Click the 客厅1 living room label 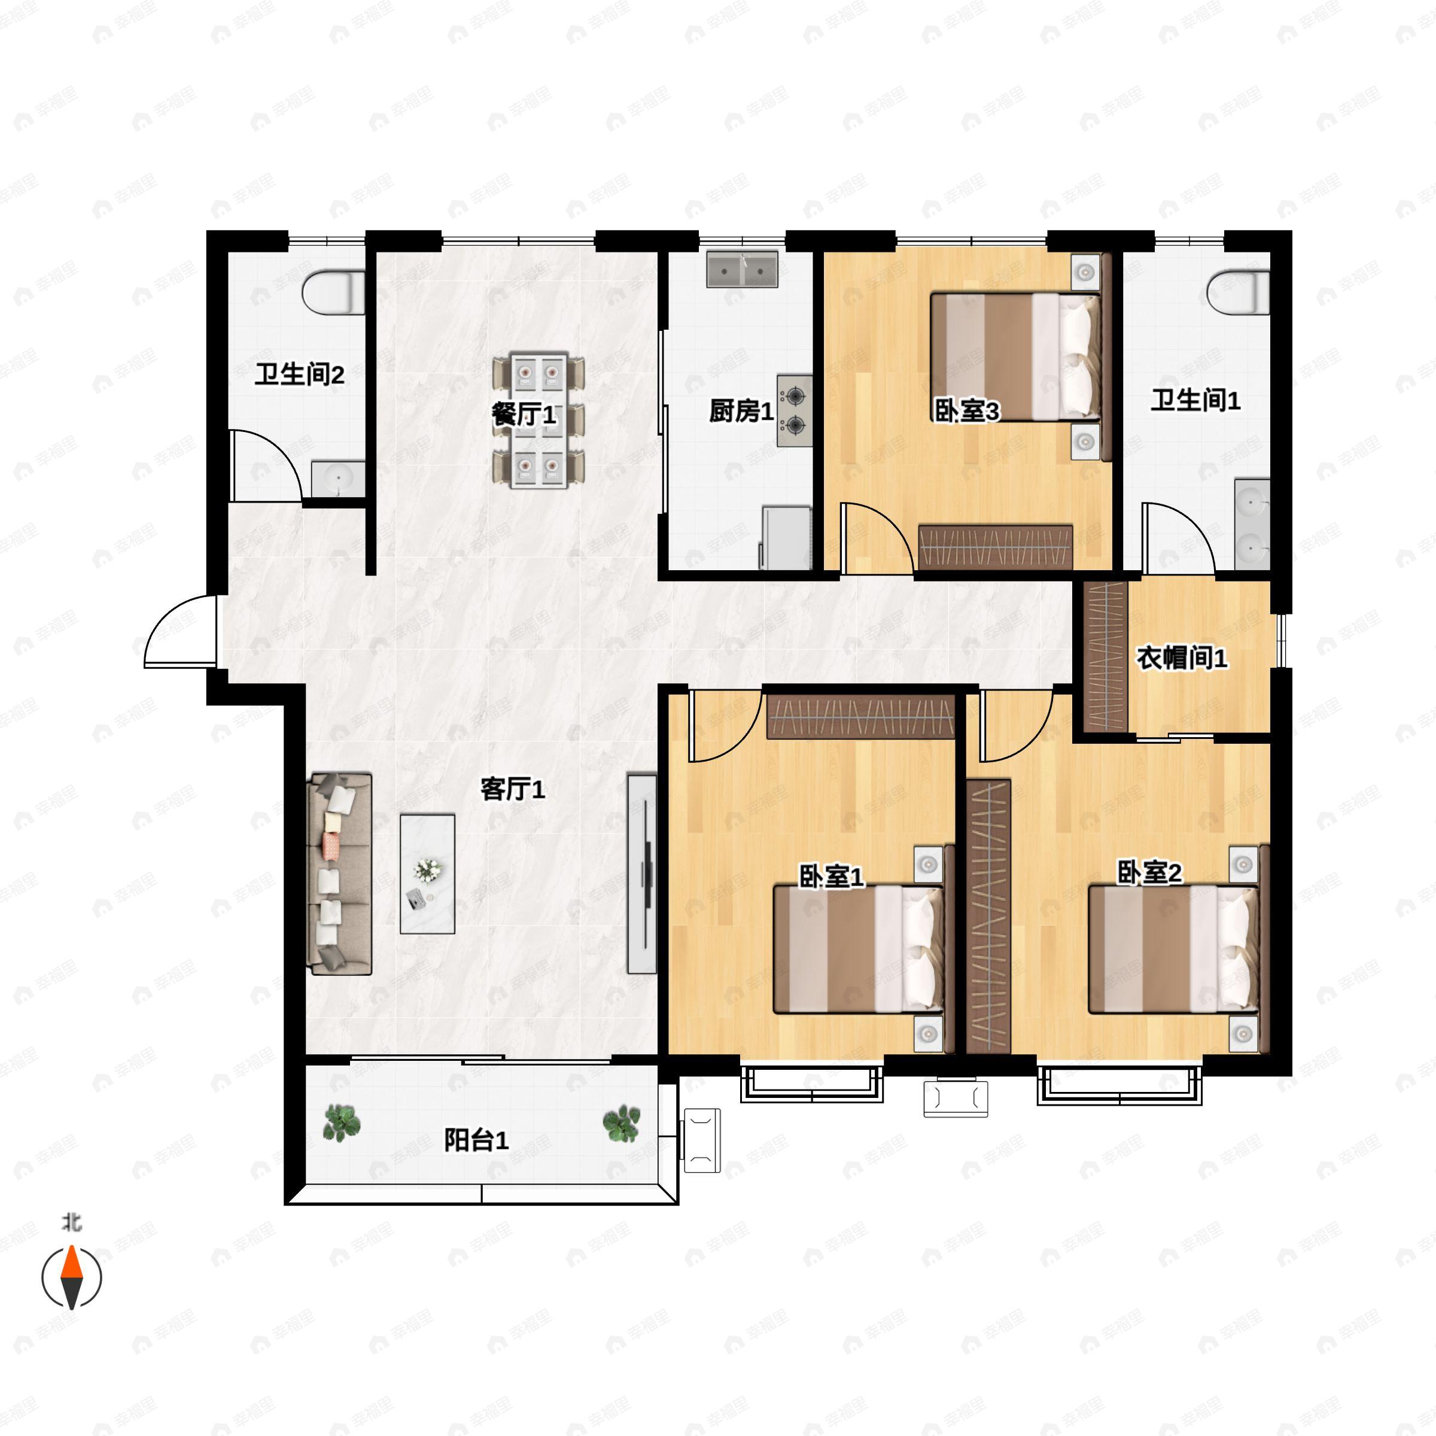(x=513, y=789)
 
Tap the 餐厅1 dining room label (x=524, y=414)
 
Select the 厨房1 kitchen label (x=741, y=410)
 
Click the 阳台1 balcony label (x=476, y=1140)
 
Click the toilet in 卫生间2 (x=334, y=292)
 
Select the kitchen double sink (x=743, y=269)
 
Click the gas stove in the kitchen (x=795, y=410)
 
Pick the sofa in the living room (x=340, y=874)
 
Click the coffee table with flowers (x=427, y=874)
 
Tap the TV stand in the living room (x=642, y=874)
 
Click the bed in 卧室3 (x=1015, y=357)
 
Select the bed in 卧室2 (x=1175, y=949)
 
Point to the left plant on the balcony (x=342, y=1122)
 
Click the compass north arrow (x=71, y=1277)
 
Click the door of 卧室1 (x=725, y=725)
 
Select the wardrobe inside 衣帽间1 (x=1106, y=656)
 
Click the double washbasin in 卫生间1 (x=1252, y=525)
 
